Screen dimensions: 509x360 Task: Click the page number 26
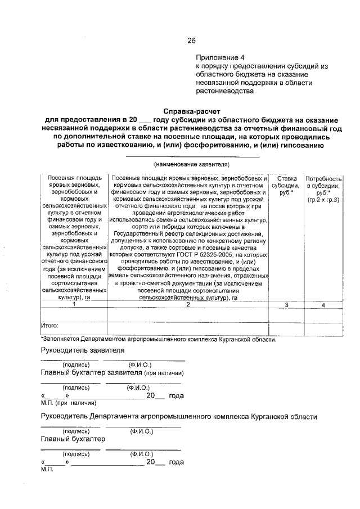tap(191, 40)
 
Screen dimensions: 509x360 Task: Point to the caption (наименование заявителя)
tap(191, 164)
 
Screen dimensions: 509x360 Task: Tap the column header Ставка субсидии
tap(286, 186)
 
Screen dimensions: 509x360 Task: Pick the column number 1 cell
tap(74, 304)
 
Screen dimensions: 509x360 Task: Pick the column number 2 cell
tap(188, 304)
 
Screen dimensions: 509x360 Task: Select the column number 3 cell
tap(286, 304)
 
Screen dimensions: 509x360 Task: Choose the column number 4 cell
tap(323, 304)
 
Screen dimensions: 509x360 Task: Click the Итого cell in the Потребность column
tap(323, 325)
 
